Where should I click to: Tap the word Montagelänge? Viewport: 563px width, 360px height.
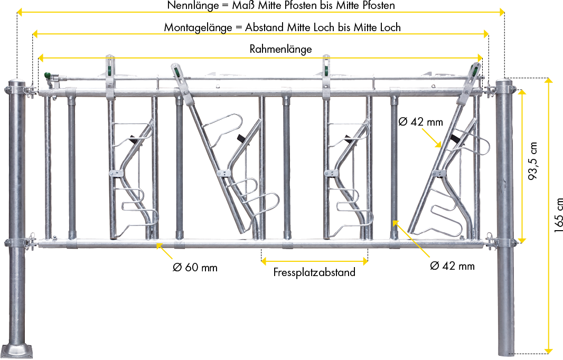point(198,27)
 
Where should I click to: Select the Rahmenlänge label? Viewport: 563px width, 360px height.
point(281,49)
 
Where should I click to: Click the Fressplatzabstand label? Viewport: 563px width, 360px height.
point(314,272)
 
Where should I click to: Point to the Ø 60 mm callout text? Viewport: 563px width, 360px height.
point(195,268)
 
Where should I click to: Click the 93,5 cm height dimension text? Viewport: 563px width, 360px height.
point(533,161)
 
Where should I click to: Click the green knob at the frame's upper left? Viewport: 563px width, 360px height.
point(46,75)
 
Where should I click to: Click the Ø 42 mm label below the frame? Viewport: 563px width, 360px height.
point(453,266)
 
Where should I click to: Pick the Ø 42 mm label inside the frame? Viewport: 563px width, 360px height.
point(421,122)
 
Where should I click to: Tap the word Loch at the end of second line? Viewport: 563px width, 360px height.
point(390,27)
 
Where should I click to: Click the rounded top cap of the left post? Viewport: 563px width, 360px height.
point(16,82)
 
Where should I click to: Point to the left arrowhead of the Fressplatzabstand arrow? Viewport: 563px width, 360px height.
point(264,261)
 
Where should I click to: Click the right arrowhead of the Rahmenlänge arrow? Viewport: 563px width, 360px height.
point(480,58)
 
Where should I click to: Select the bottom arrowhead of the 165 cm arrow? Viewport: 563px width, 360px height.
point(548,350)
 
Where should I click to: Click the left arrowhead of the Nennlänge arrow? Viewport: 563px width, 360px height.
point(20,13)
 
